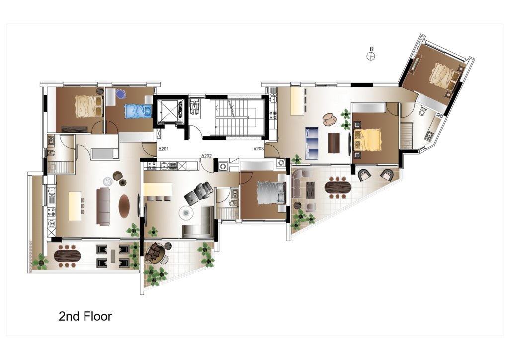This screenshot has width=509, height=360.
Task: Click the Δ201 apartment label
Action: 163,149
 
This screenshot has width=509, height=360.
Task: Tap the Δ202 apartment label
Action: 206,156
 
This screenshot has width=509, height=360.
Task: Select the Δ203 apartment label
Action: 258,149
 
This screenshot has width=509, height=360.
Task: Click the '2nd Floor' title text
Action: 85,316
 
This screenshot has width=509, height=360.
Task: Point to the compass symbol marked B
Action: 371,56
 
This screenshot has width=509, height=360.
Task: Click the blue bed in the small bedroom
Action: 139,111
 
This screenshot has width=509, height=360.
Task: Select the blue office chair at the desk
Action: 121,94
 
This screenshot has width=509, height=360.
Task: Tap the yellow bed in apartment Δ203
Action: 367,140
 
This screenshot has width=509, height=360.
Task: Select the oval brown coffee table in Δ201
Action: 124,206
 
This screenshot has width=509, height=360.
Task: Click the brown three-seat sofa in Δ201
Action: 103,206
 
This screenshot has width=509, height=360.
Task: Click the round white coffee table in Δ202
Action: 186,213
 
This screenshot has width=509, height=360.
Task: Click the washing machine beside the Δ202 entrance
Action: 223,166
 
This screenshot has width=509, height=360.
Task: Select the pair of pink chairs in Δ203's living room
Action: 330,119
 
